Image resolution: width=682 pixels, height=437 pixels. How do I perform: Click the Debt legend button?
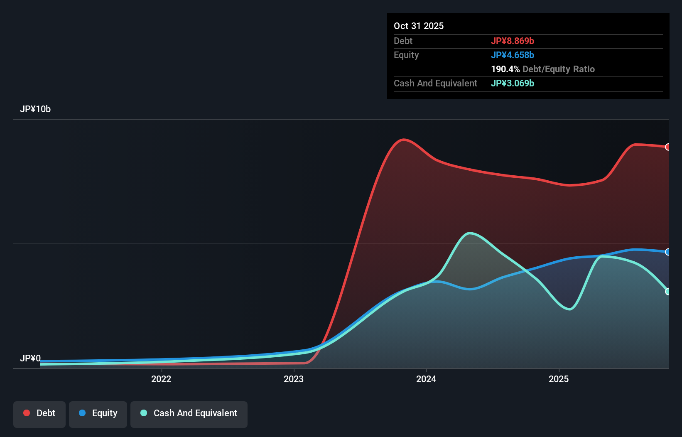tap(39, 413)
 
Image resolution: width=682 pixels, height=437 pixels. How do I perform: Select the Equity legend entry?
tap(98, 413)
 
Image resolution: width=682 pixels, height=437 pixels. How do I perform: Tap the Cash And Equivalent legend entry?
tap(189, 413)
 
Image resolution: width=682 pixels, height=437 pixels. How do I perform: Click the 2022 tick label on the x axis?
tap(161, 379)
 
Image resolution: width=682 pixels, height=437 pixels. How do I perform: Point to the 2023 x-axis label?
tap(294, 379)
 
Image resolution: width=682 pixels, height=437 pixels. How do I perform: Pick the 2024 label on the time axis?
tap(426, 379)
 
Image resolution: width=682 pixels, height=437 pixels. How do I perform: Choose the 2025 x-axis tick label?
tap(559, 379)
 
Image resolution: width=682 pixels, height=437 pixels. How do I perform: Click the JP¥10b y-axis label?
tap(35, 109)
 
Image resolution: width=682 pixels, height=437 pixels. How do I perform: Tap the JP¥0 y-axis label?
tap(30, 358)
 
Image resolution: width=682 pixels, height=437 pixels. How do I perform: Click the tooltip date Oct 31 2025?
tap(419, 26)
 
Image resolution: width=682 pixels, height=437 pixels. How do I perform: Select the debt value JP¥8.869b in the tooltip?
tap(513, 41)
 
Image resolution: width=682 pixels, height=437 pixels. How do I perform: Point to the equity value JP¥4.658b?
tap(513, 55)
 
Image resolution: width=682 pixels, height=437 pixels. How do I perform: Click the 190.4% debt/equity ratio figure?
tap(505, 69)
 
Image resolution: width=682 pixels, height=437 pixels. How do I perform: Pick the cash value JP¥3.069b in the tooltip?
tap(513, 83)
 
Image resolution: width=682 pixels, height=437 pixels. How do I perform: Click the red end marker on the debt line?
tap(668, 147)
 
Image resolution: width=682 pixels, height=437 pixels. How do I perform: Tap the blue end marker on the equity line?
tap(668, 252)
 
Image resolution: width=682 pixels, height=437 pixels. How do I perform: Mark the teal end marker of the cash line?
tap(668, 292)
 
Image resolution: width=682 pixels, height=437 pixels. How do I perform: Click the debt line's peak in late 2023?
tap(403, 140)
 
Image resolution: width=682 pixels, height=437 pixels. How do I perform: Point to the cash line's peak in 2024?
tap(469, 233)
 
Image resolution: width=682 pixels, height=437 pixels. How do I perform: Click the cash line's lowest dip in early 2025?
tap(569, 309)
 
